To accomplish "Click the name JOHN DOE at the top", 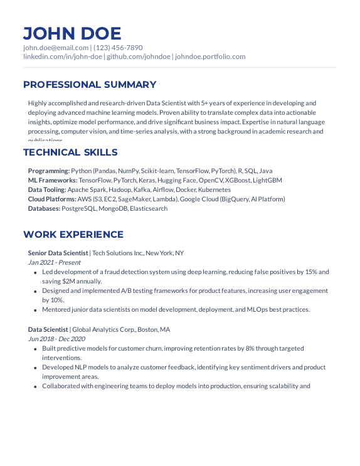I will [x=72, y=33].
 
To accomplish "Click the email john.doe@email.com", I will [x=56, y=48].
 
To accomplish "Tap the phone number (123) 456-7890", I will [x=119, y=48].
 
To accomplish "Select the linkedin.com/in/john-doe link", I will [x=63, y=56].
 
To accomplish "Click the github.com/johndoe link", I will [x=138, y=56].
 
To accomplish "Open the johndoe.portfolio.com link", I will [x=210, y=56].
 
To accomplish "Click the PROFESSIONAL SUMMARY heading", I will [x=90, y=85].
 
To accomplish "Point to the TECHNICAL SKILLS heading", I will [x=70, y=152].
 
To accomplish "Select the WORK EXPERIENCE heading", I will [x=73, y=235].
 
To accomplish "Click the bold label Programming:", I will [x=48, y=171].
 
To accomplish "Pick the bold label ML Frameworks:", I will [x=53, y=180].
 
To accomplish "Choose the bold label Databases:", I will [x=44, y=208].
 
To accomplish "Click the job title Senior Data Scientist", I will [x=58, y=253].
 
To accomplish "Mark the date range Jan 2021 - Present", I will [x=54, y=263].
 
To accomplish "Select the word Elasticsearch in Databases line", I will [x=149, y=208].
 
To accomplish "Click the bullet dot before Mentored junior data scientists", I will [x=34, y=310].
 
